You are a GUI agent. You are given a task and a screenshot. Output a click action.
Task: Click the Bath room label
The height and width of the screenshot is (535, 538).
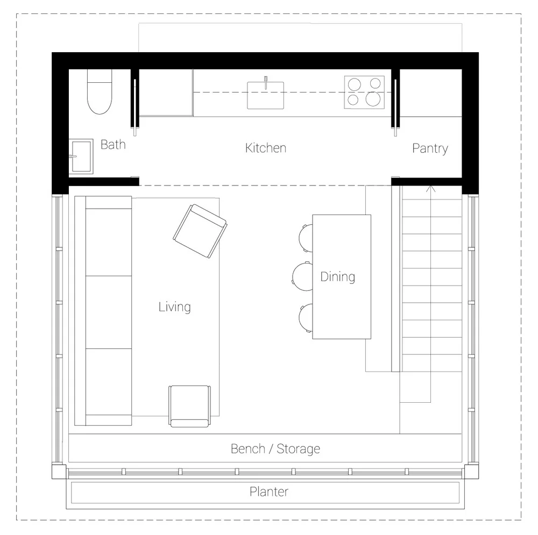coord(113,144)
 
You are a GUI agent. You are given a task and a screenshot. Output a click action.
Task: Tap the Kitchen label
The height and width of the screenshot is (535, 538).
coord(265,148)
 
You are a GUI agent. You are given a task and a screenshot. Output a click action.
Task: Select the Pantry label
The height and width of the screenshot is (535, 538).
coord(430,148)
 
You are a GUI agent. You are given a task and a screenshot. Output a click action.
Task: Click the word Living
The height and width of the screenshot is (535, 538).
coord(174,307)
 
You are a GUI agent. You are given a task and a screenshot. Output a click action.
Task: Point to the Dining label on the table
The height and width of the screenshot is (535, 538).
coord(337,277)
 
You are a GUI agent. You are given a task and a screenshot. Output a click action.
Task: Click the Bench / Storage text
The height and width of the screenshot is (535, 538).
coord(275,448)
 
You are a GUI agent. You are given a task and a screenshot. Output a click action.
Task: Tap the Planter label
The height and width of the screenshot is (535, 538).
coord(268,491)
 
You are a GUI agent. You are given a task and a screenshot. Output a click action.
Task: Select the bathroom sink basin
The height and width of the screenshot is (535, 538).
coord(81,156)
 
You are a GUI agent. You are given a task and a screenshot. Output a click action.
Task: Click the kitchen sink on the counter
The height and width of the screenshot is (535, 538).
coord(265,95)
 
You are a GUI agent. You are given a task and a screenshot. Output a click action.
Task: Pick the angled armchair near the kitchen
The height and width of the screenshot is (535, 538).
coord(200,231)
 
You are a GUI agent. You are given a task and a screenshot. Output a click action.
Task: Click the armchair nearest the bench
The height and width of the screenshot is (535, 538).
coord(189,405)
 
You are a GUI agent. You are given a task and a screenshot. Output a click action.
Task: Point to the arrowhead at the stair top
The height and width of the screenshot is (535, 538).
coord(430,188)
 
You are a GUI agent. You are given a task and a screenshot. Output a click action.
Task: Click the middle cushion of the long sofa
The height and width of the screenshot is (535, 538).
coord(109,312)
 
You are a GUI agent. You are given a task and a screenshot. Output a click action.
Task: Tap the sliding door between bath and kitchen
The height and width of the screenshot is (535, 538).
coord(135,102)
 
